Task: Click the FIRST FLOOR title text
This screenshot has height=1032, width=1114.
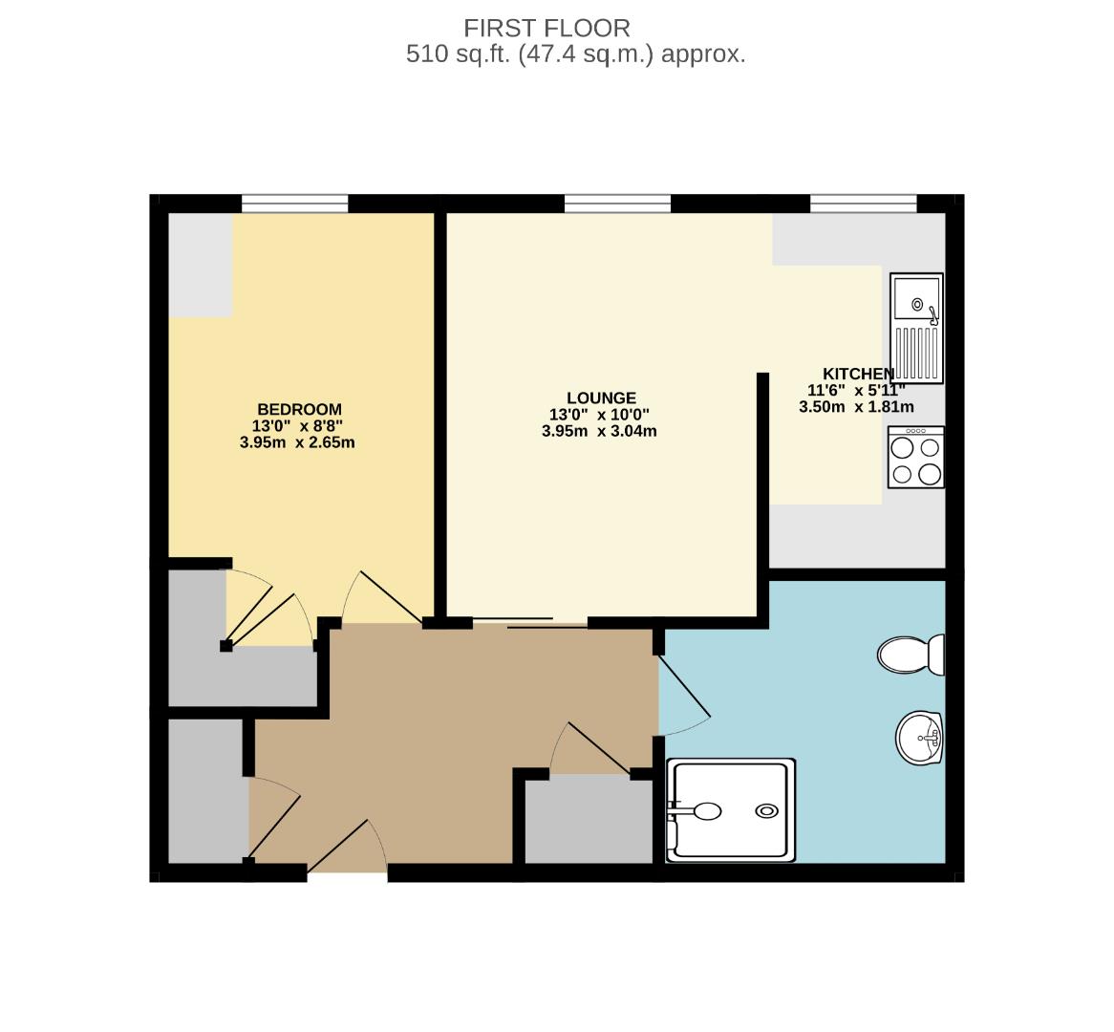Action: point(546,28)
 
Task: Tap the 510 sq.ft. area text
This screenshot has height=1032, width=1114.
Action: point(575,54)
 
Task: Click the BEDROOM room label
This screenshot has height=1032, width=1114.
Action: point(299,409)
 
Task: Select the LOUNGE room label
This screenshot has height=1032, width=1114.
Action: point(600,398)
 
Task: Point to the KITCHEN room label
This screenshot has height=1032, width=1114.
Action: point(858,374)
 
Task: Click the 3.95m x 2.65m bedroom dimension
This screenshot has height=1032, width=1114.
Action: point(297,442)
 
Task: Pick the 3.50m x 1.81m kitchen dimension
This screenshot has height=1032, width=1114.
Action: point(856,406)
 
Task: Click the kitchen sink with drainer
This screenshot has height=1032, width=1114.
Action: point(916,328)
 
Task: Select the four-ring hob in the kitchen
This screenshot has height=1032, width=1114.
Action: point(915,457)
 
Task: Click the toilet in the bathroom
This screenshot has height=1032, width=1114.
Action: point(910,655)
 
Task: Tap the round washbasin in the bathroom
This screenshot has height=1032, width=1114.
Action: point(920,738)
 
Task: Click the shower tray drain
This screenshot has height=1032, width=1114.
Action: point(766,811)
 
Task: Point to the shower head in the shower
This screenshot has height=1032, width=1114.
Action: point(705,811)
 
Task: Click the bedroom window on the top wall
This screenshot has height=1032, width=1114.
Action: point(294,203)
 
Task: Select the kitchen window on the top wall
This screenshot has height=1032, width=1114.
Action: point(863,203)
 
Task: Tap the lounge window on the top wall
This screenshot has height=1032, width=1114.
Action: point(617,203)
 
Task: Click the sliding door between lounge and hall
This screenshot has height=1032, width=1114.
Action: point(530,624)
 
